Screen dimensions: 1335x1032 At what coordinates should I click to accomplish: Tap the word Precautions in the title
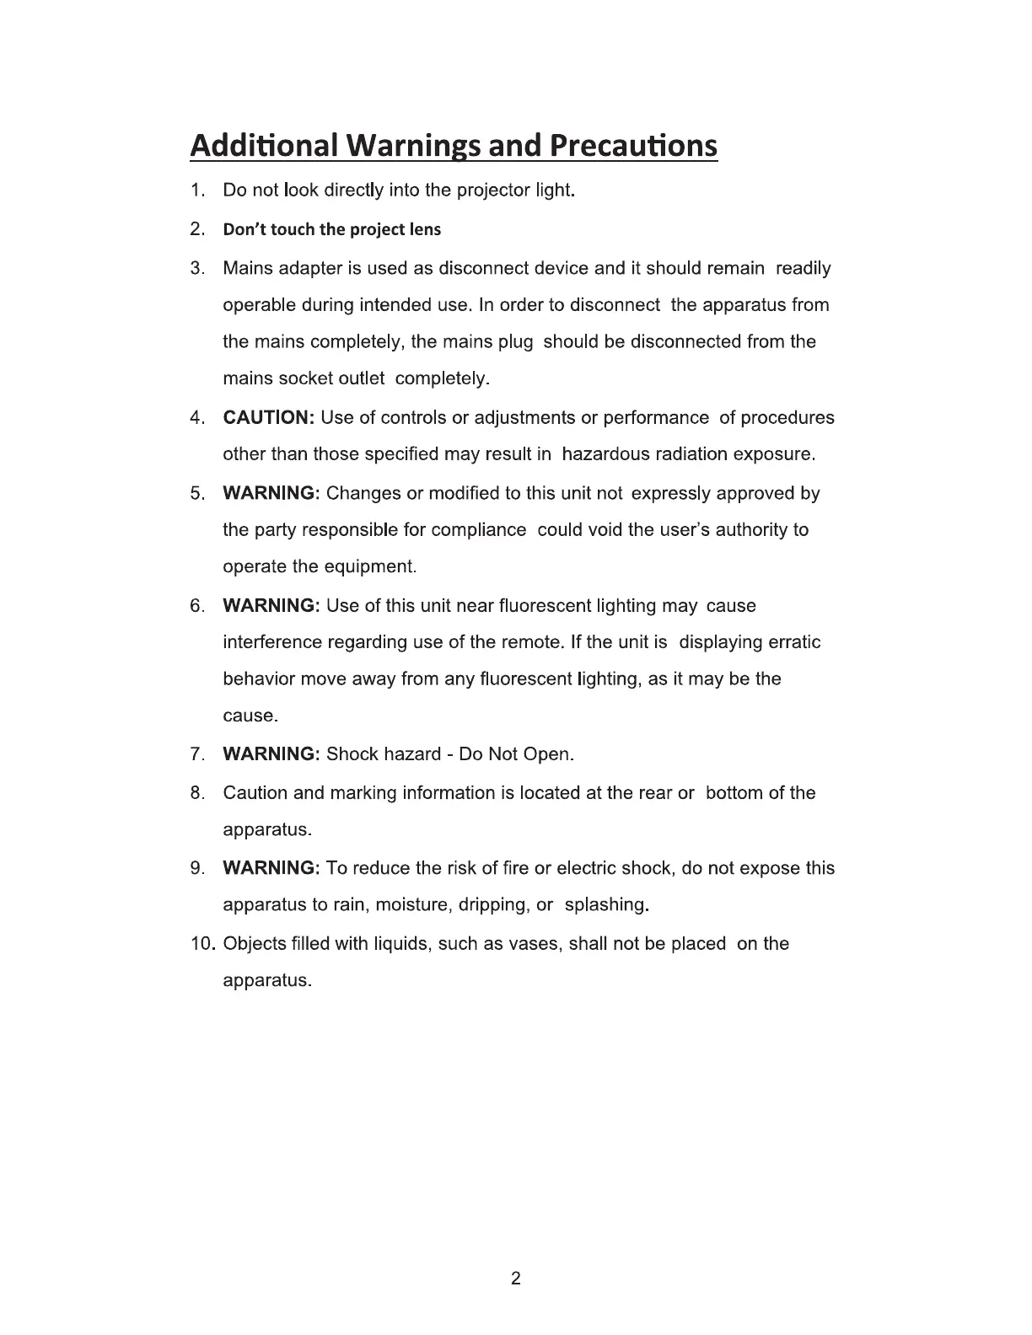pyautogui.click(x=633, y=146)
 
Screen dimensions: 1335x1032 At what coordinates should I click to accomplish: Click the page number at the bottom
pyautogui.click(x=516, y=1279)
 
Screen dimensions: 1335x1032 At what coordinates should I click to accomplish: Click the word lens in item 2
pyautogui.click(x=425, y=229)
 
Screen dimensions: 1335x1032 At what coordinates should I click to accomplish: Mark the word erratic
pyautogui.click(x=794, y=642)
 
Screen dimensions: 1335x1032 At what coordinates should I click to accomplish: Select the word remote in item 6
pyautogui.click(x=530, y=642)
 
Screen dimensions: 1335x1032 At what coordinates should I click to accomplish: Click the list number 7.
pyautogui.click(x=198, y=754)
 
